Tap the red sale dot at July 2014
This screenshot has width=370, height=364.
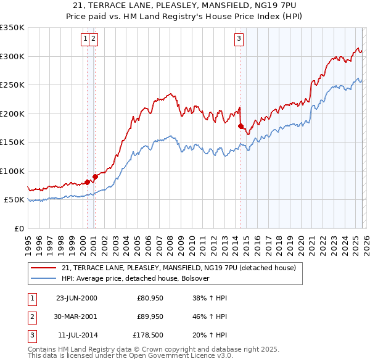[240, 126]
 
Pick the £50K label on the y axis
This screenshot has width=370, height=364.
[14, 200]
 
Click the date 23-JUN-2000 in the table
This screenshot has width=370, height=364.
[76, 298]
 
